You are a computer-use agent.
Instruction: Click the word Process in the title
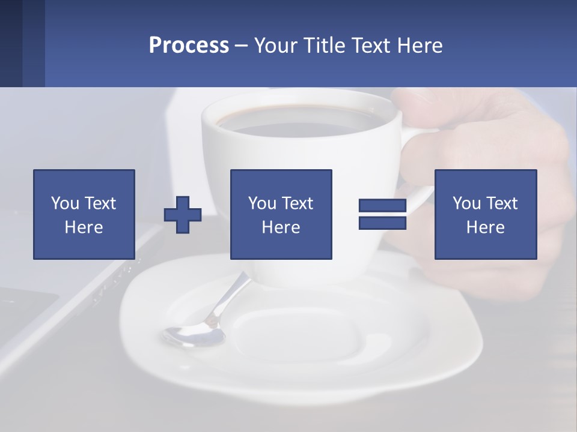[189, 46]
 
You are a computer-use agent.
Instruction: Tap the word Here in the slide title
[420, 46]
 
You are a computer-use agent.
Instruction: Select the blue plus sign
[183, 214]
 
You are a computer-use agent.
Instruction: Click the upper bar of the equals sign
[382, 206]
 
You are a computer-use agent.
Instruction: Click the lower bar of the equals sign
[382, 223]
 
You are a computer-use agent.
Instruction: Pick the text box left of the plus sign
[84, 214]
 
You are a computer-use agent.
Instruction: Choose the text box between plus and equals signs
[281, 214]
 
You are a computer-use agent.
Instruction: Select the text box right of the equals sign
[485, 214]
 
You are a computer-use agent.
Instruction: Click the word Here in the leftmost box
[84, 227]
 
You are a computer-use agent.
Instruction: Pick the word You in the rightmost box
[466, 203]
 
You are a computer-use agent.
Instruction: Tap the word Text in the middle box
[298, 203]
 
